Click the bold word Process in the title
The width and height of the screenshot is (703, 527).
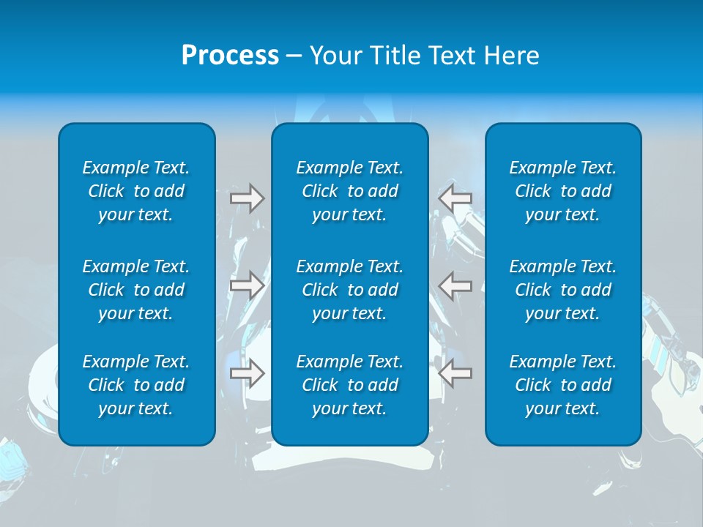pos(230,56)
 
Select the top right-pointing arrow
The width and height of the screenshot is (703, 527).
pos(247,198)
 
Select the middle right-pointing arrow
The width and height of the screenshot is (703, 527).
pos(247,285)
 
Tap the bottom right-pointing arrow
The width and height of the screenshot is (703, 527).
pos(247,374)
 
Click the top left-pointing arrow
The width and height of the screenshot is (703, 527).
pos(455,198)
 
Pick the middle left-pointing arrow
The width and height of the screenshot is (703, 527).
pos(455,285)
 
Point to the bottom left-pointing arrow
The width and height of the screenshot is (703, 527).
pos(455,374)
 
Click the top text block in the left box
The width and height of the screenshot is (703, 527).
pos(136,191)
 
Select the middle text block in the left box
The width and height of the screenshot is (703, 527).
pos(136,290)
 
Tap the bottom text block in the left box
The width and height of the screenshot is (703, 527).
pos(136,385)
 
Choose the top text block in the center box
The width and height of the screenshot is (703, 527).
pos(349,191)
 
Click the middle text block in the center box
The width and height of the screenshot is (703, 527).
pos(349,290)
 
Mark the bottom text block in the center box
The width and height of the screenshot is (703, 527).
pos(349,385)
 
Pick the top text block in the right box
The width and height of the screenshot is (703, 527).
pos(563,191)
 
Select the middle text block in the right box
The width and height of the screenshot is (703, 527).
pos(563,290)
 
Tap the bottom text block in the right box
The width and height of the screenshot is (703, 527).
pos(563,385)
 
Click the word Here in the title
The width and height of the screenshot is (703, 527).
pos(513,56)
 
